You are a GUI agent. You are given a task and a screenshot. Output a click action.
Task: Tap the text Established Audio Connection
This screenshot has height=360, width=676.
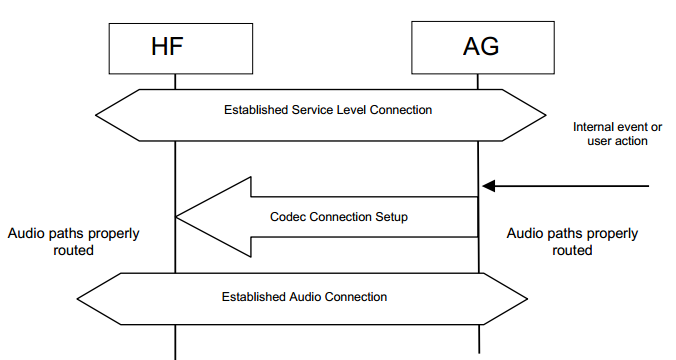pos(305,297)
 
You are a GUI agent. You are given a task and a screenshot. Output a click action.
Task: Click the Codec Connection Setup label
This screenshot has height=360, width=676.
pos(339,216)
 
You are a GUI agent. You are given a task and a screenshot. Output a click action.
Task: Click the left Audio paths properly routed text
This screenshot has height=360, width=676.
pos(74,242)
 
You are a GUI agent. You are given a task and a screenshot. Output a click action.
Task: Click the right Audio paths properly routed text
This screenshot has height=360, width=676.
pos(572,242)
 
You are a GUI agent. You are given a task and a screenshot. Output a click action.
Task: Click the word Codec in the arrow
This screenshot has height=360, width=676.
pos(288,216)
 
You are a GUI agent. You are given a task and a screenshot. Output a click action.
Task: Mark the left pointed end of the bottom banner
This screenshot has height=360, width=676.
pos(79,297)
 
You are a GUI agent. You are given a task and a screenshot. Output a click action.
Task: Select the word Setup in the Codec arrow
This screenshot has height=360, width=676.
pos(391,216)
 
